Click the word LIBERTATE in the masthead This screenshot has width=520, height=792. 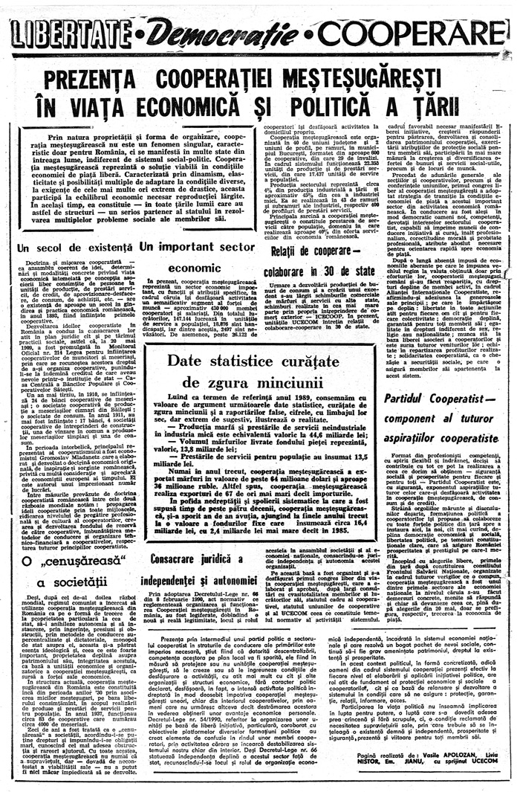click(x=70, y=33)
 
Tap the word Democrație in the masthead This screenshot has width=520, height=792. click(x=220, y=33)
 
